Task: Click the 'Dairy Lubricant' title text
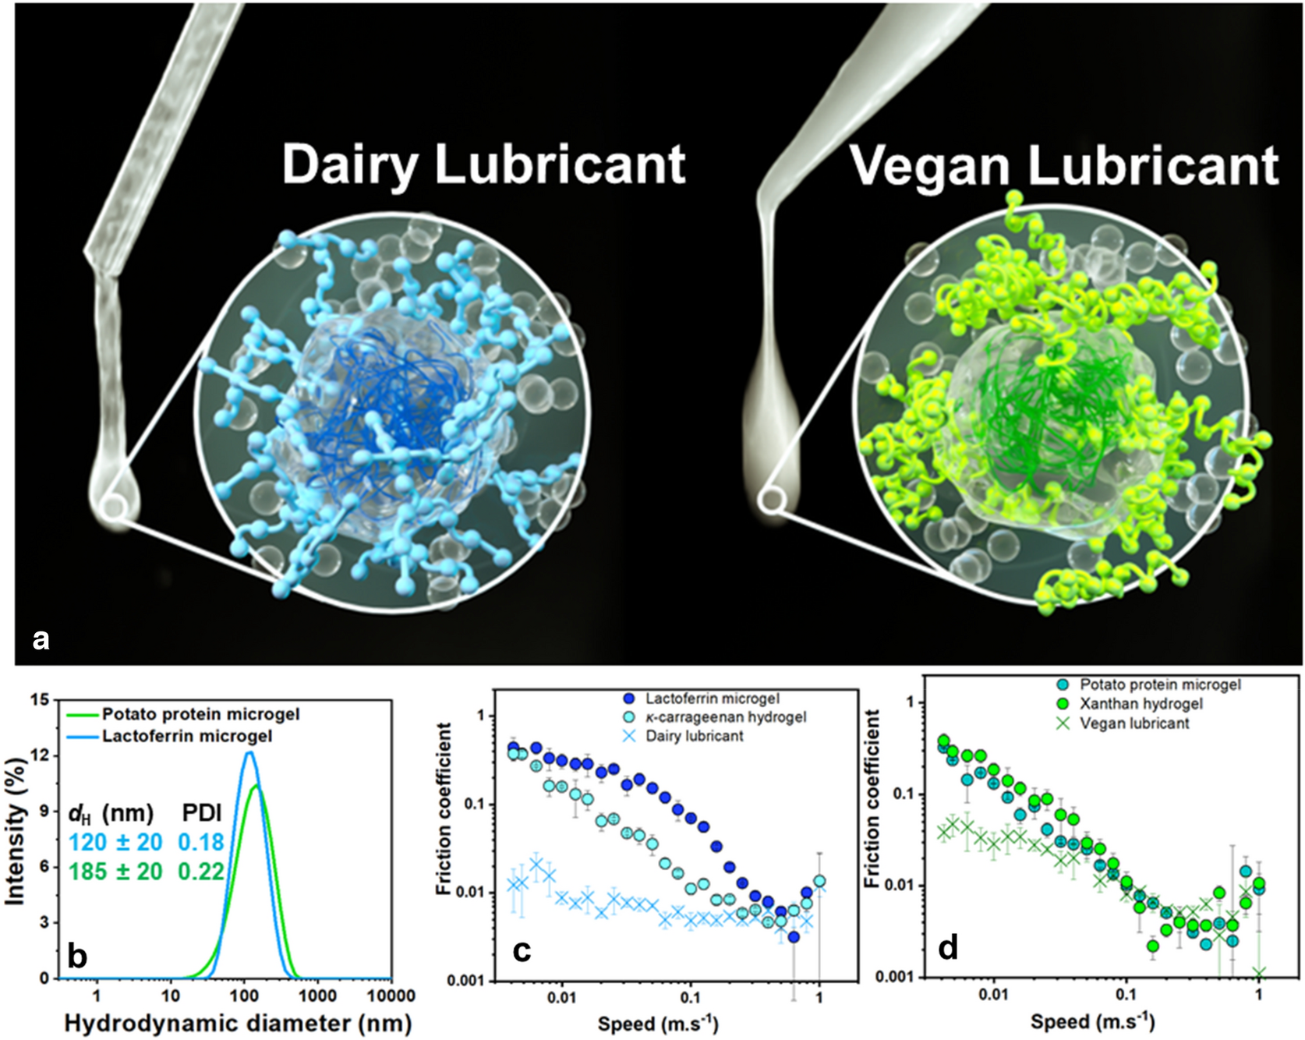pos(483,164)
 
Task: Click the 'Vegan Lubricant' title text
pos(1063,166)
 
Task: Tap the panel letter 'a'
pos(41,640)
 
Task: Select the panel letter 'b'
pos(77,955)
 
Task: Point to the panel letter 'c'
pos(521,949)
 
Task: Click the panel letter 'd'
pos(948,947)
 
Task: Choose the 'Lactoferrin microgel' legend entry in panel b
pos(187,736)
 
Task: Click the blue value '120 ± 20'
pos(115,842)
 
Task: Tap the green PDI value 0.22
pos(201,871)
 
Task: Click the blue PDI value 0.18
pos(201,842)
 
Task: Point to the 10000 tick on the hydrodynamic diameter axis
pos(390,996)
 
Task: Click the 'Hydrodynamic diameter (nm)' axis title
pos(238,1023)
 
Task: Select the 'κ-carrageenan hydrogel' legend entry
pos(725,716)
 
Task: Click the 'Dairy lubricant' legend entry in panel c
pos(694,736)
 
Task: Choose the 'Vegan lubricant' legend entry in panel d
pos(1134,723)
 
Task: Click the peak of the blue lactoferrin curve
pos(249,752)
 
